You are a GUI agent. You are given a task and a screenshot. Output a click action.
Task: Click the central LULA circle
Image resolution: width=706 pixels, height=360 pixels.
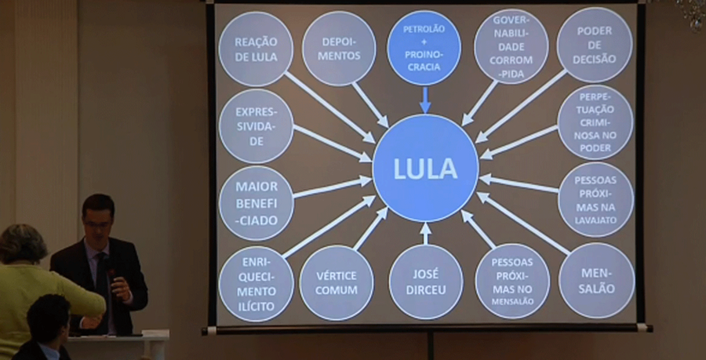coord(425,168)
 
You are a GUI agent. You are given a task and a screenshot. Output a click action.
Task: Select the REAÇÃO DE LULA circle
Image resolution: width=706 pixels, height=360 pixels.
coord(256,49)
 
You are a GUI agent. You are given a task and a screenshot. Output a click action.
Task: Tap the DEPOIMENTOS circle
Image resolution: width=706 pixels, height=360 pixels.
coord(339,49)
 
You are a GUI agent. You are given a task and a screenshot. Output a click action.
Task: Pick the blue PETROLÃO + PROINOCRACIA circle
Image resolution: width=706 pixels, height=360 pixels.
coord(424,48)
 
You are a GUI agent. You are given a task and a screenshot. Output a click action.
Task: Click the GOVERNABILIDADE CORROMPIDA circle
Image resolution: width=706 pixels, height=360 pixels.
coord(511,46)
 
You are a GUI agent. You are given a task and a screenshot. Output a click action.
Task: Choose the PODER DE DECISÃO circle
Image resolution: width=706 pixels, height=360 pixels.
coord(595,45)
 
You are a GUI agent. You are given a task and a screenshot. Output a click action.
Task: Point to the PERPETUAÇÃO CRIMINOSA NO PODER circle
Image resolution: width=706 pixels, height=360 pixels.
coord(595,122)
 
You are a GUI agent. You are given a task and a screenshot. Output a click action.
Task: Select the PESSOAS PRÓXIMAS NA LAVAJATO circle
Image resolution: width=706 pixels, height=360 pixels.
coord(595,199)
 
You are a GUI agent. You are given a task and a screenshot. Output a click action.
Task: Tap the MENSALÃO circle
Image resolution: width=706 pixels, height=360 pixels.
coord(597,280)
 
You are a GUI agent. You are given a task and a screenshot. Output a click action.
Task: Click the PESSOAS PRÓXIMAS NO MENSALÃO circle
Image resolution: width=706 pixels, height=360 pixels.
coord(512,281)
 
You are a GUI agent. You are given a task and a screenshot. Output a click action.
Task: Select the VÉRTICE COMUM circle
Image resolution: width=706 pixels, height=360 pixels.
coord(337,282)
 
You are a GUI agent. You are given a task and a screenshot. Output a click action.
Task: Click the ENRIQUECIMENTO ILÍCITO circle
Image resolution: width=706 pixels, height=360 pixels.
coord(257,283)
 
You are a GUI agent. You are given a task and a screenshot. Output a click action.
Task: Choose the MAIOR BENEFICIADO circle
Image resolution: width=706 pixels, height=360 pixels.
coord(256,203)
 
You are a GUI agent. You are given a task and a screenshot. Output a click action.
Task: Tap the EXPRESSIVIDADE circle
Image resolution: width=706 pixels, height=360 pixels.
coord(256,126)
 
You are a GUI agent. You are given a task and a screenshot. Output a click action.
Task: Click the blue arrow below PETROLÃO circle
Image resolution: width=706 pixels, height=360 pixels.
coord(425,100)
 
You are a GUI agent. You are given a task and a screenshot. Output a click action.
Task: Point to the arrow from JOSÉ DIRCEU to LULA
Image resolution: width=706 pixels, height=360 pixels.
coord(426,234)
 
